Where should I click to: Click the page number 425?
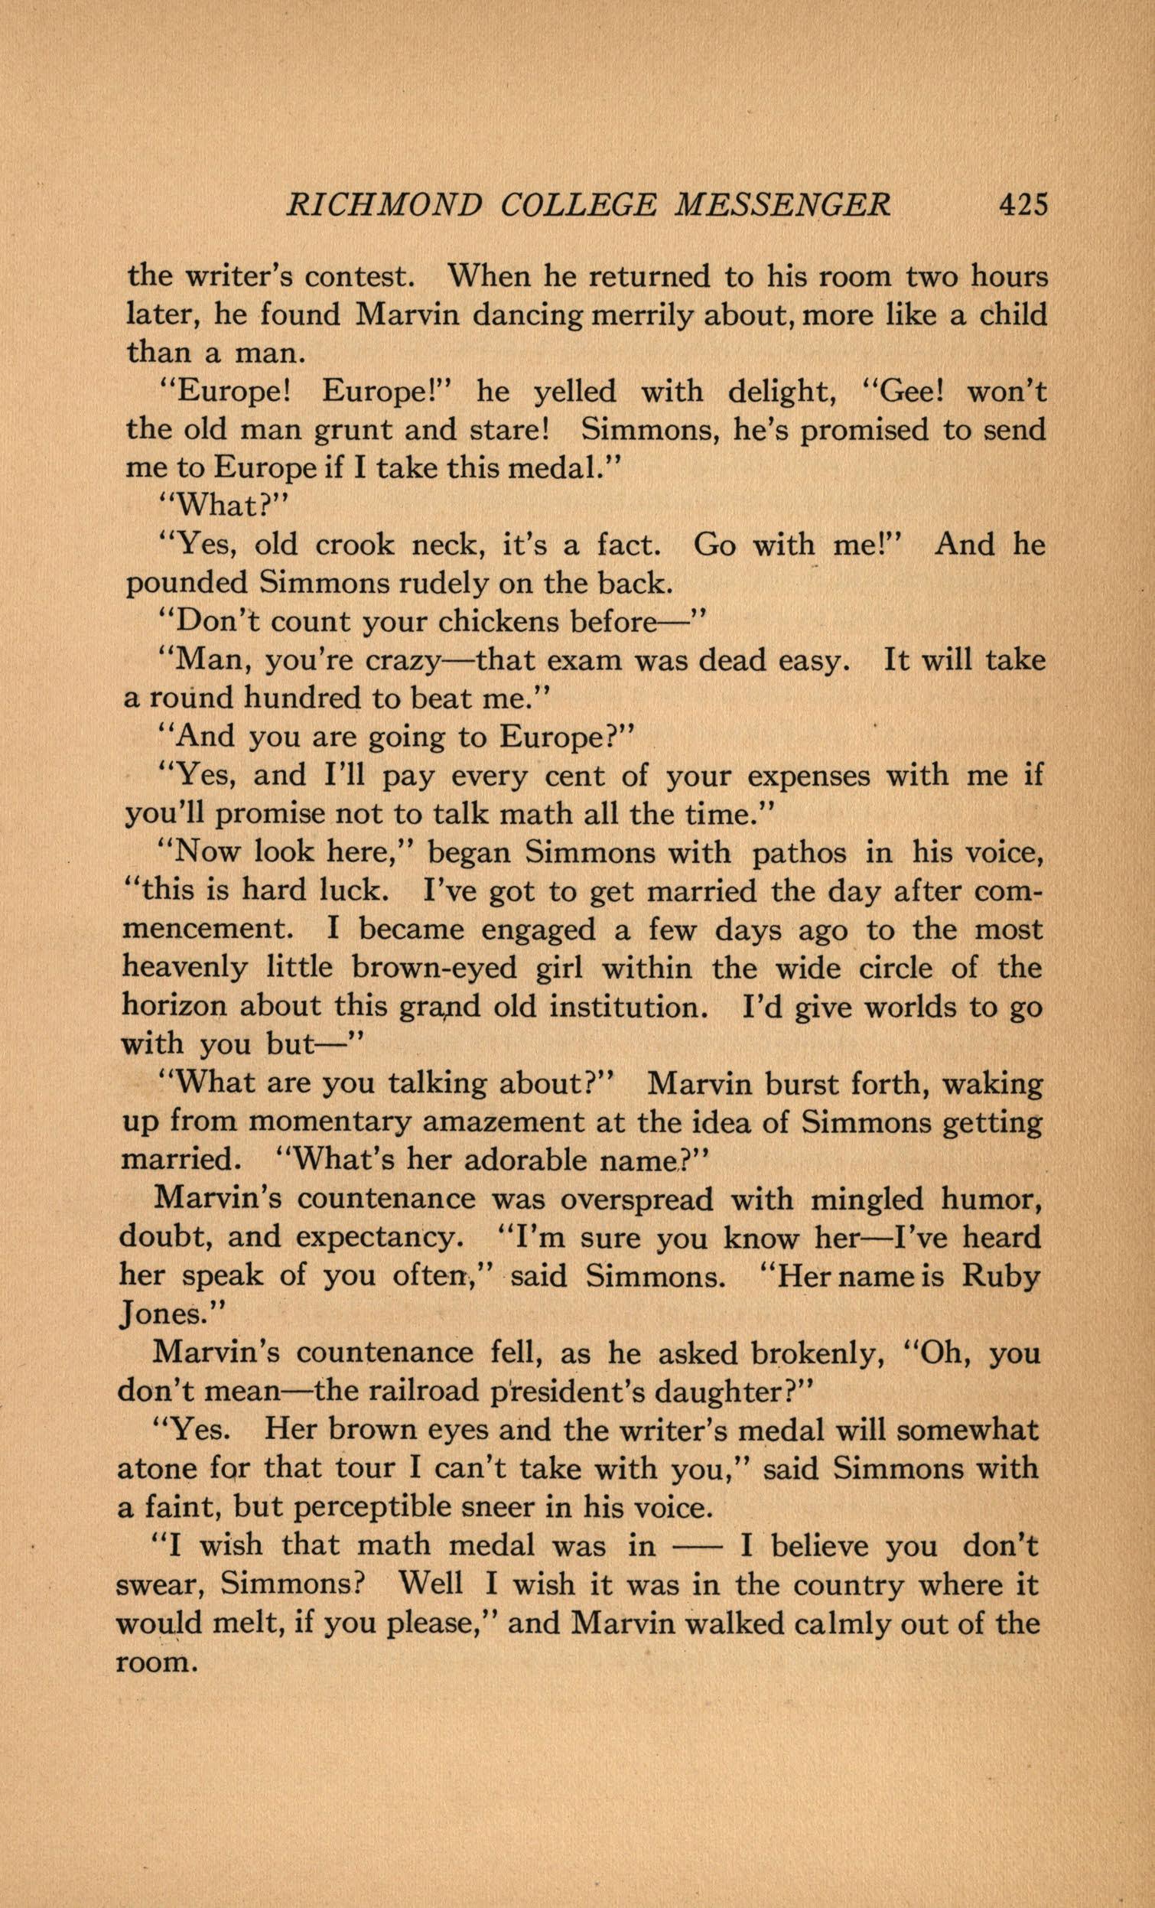[x=1023, y=204]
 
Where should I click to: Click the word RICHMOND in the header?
[x=384, y=204]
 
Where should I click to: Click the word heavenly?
[x=184, y=967]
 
